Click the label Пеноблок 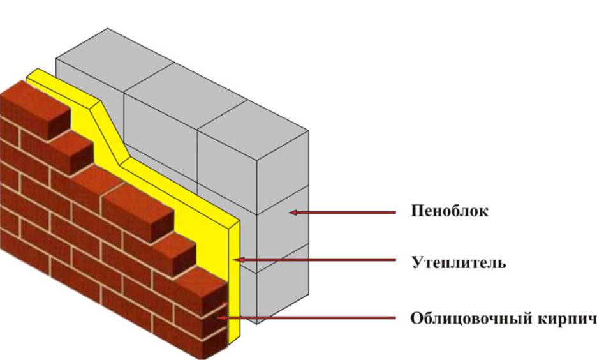[449, 211]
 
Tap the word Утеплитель [459, 262]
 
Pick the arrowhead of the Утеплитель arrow [237, 260]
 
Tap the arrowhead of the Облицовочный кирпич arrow [221, 317]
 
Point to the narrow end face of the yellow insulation [234, 282]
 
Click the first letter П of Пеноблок [416, 211]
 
